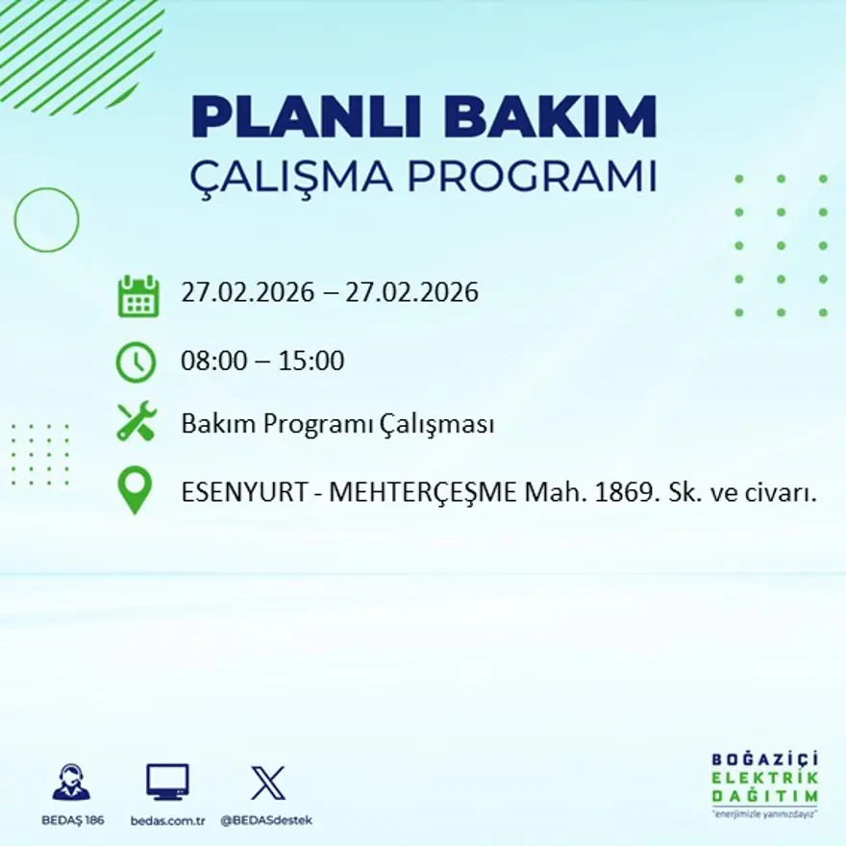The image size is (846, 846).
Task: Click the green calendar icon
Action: [x=137, y=295]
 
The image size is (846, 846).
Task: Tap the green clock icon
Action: [x=136, y=362]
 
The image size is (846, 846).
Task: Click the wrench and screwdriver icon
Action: [x=137, y=422]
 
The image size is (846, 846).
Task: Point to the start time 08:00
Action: [x=210, y=361]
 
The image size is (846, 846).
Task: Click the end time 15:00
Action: [x=311, y=361]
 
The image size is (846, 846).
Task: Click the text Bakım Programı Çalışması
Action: [x=337, y=424]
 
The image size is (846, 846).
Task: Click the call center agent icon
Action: [x=71, y=783]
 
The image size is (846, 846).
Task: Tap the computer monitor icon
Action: [x=167, y=782]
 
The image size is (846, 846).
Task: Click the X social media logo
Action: [x=267, y=783]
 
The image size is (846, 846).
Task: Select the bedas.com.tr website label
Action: [x=168, y=820]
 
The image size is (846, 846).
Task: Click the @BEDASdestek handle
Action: [x=266, y=820]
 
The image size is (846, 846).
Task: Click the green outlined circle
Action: [x=46, y=220]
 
